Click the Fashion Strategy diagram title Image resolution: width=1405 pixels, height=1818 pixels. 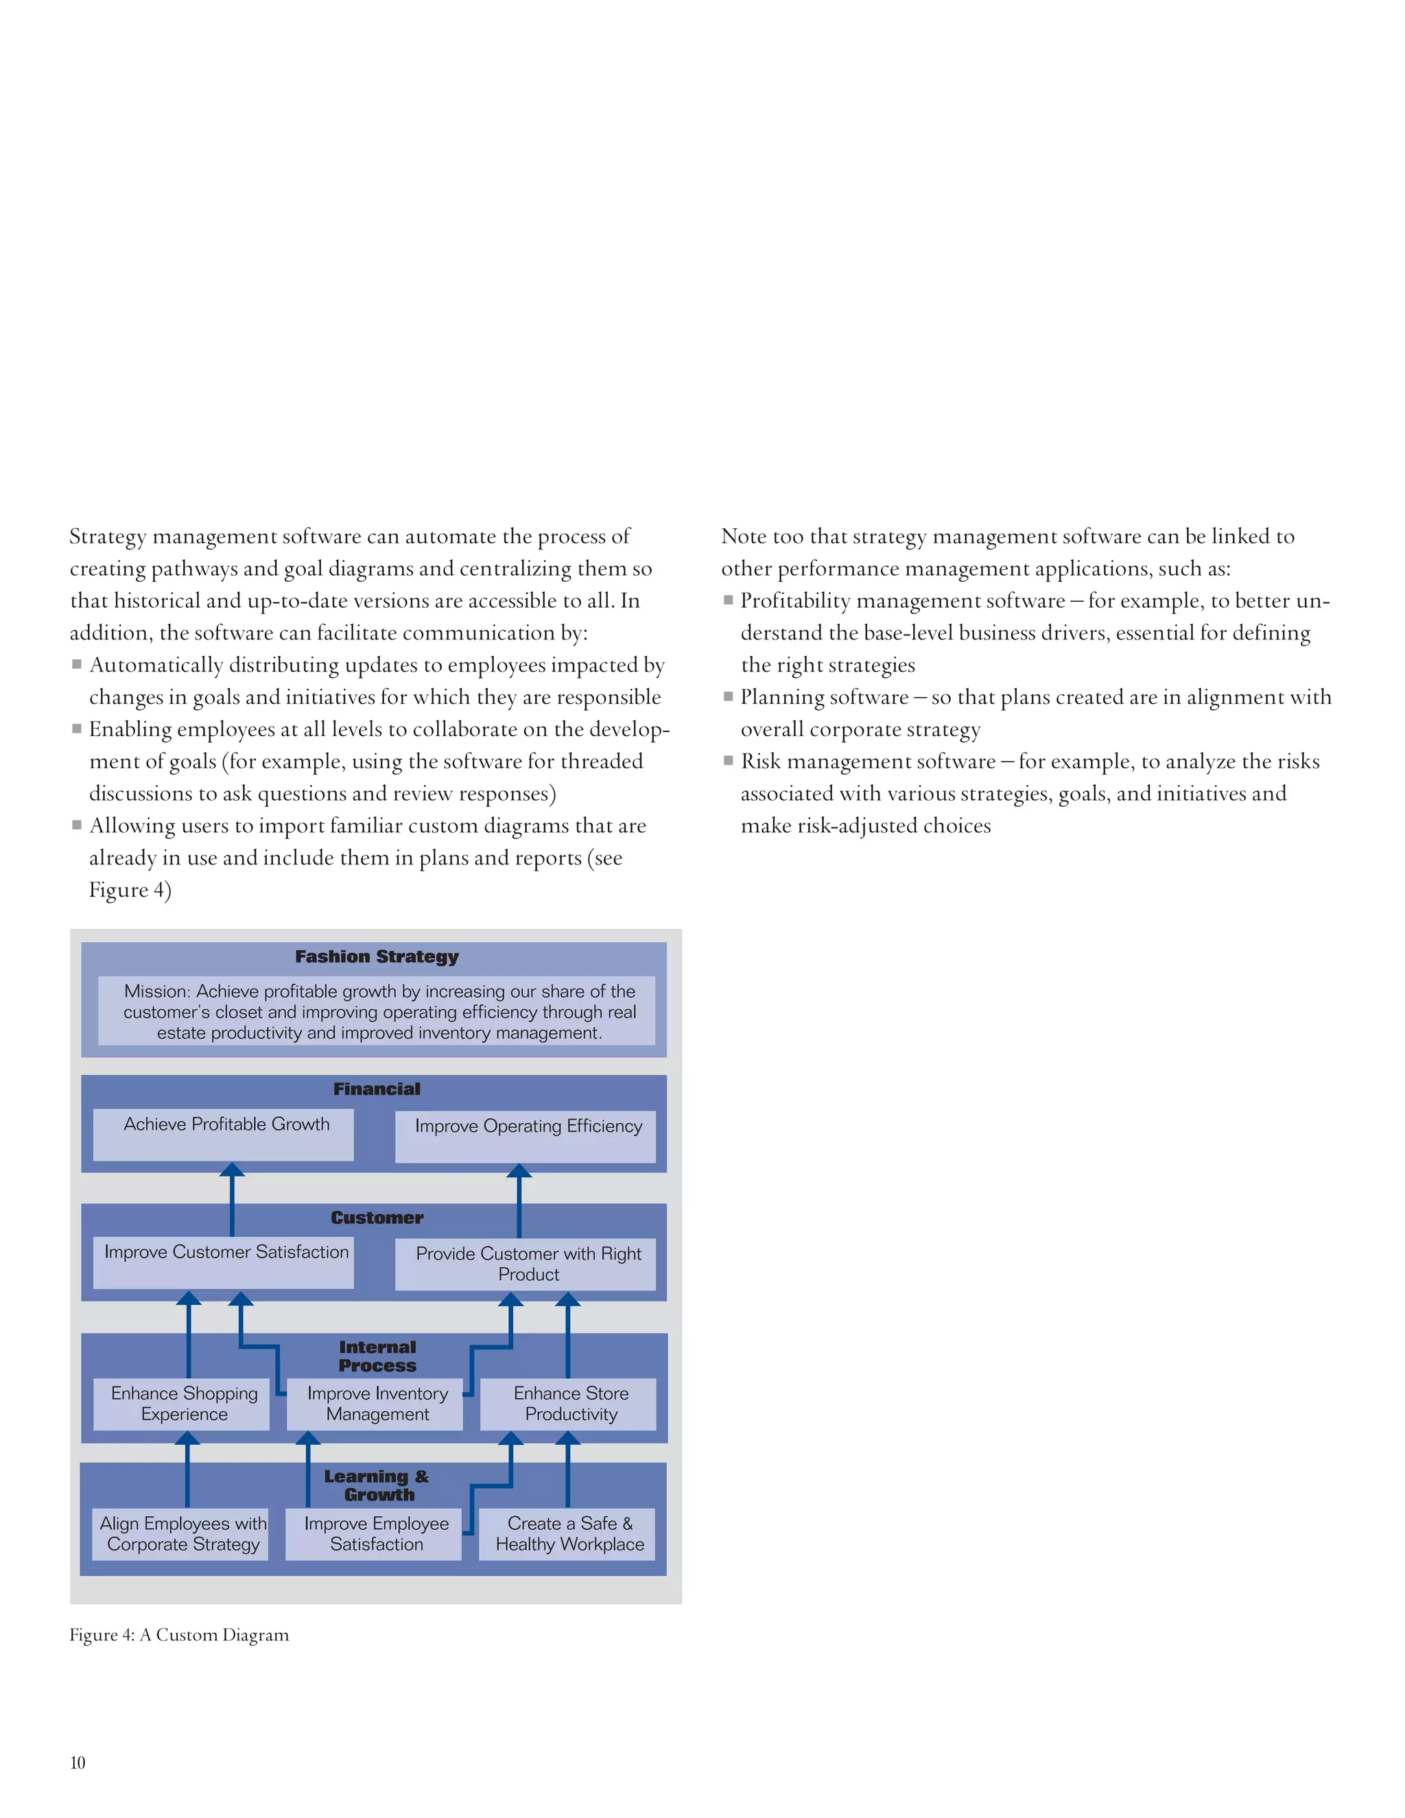pyautogui.click(x=377, y=956)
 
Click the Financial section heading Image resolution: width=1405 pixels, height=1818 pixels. pyautogui.click(x=377, y=1089)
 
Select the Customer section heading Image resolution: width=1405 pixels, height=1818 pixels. pyautogui.click(x=377, y=1218)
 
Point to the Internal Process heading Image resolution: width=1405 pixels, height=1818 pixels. pyautogui.click(x=377, y=1356)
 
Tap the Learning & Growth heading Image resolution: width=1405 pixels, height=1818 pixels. pyautogui.click(x=377, y=1485)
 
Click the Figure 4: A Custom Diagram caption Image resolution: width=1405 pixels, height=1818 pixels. pyautogui.click(x=179, y=1635)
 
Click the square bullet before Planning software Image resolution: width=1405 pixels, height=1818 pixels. pyautogui.click(x=729, y=696)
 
